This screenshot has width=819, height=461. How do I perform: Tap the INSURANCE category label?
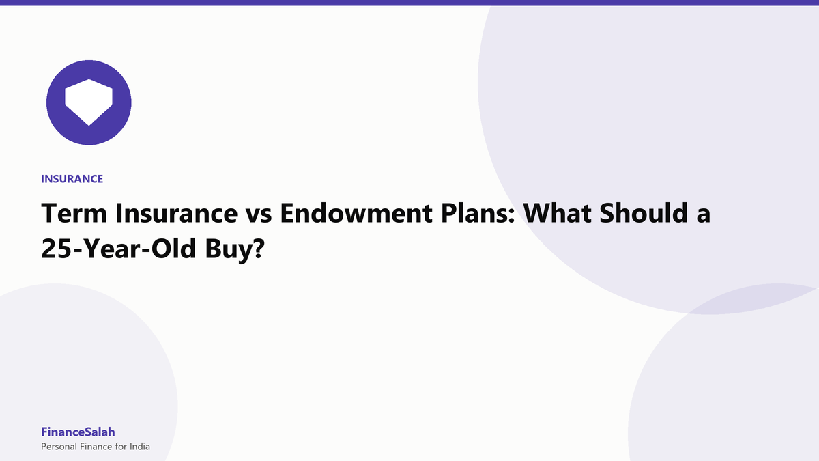[72, 179]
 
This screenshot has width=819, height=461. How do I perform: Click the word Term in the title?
[74, 213]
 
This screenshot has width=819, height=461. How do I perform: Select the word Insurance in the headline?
[176, 213]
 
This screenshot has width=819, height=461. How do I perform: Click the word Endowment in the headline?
[356, 213]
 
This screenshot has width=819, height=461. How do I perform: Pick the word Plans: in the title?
[478, 213]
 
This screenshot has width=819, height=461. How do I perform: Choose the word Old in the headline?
[173, 248]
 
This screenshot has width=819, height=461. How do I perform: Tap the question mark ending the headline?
[258, 249]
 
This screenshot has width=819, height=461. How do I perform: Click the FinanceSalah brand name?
[78, 432]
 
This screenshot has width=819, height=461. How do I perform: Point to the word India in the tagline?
[140, 447]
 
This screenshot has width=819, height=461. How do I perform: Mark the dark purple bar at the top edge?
[409, 3]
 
